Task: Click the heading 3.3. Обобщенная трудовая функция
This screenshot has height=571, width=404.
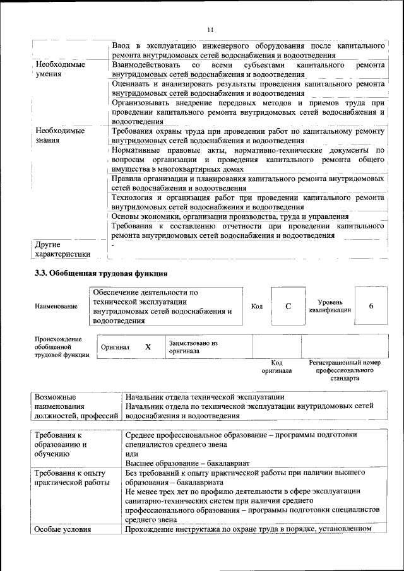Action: tap(100, 274)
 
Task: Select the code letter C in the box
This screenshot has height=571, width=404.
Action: tap(288, 306)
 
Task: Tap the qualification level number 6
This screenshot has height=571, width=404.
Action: tap(371, 306)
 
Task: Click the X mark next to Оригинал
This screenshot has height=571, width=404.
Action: tap(148, 347)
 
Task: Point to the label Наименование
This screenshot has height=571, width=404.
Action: tap(57, 307)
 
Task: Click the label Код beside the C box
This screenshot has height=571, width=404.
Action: tap(257, 307)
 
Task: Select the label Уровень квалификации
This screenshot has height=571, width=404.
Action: tap(326, 306)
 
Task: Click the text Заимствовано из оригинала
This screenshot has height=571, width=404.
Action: tap(193, 347)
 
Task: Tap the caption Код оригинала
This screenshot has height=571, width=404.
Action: tap(276, 367)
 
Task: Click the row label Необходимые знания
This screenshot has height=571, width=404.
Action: tap(61, 136)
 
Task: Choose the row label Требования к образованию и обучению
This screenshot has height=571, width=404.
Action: tap(61, 444)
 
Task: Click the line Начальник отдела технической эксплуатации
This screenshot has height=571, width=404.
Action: tap(204, 397)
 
